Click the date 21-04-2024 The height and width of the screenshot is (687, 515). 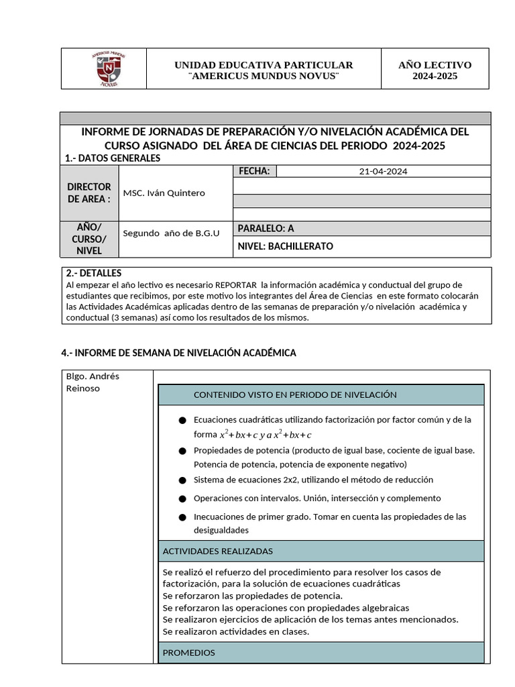[383, 171]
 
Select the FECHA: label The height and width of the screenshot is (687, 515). [254, 171]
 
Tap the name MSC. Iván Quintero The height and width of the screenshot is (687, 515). [164, 193]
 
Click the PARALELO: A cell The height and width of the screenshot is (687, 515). [266, 228]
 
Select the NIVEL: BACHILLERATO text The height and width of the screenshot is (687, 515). [285, 246]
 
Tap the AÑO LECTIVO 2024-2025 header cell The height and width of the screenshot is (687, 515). [435, 70]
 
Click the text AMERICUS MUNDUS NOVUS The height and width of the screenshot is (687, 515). [264, 76]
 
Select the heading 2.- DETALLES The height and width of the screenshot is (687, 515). [94, 273]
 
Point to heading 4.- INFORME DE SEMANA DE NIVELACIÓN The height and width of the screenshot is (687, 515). [178, 352]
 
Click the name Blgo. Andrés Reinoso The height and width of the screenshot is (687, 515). [93, 382]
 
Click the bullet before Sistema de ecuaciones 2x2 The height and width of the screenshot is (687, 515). [182, 480]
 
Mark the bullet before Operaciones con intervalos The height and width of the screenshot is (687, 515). [182, 498]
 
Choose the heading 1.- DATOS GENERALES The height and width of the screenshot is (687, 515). [113, 158]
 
